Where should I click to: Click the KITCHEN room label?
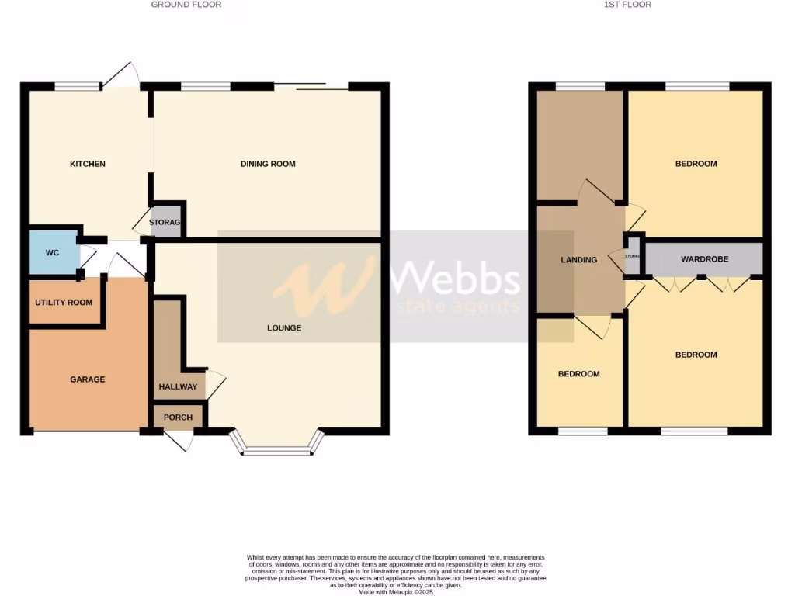(88, 164)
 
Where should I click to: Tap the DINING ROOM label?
(268, 164)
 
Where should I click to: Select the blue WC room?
(53, 253)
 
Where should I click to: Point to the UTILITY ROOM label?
(64, 303)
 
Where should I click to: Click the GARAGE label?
(87, 379)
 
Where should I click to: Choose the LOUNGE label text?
(284, 328)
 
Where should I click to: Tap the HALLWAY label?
(178, 386)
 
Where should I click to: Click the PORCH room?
(178, 417)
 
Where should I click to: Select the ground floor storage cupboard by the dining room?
(165, 222)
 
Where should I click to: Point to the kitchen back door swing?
(121, 74)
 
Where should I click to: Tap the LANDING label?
(579, 260)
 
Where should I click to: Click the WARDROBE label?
(705, 259)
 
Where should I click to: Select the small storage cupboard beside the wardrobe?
(633, 257)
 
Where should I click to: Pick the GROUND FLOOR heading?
(186, 5)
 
